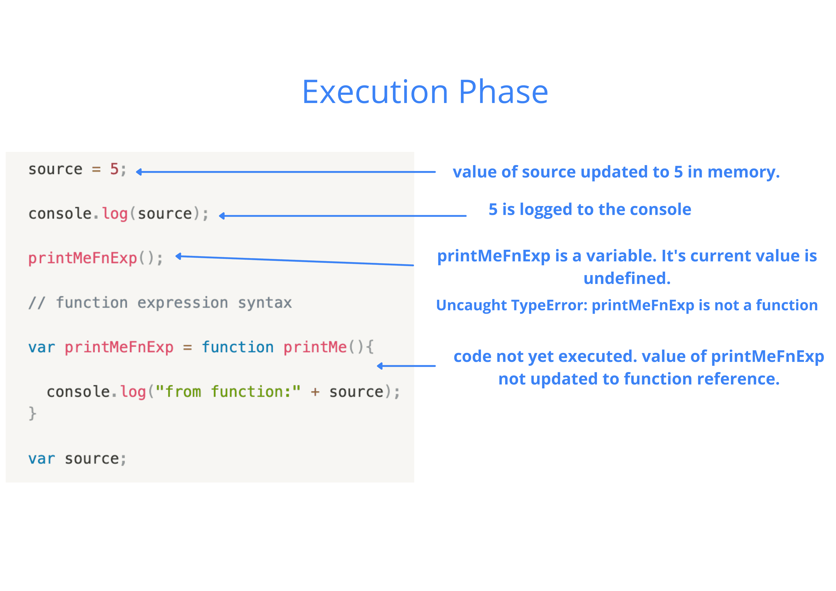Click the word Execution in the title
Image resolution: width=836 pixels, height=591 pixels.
click(375, 92)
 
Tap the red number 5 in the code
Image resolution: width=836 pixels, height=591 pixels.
click(114, 169)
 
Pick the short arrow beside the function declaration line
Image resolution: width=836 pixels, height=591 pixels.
click(406, 366)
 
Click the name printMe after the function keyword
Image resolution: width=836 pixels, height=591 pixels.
click(315, 347)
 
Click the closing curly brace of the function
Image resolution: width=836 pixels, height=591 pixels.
click(33, 413)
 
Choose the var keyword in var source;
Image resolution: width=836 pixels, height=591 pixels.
click(41, 459)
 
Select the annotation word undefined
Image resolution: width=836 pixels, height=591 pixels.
click(627, 278)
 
